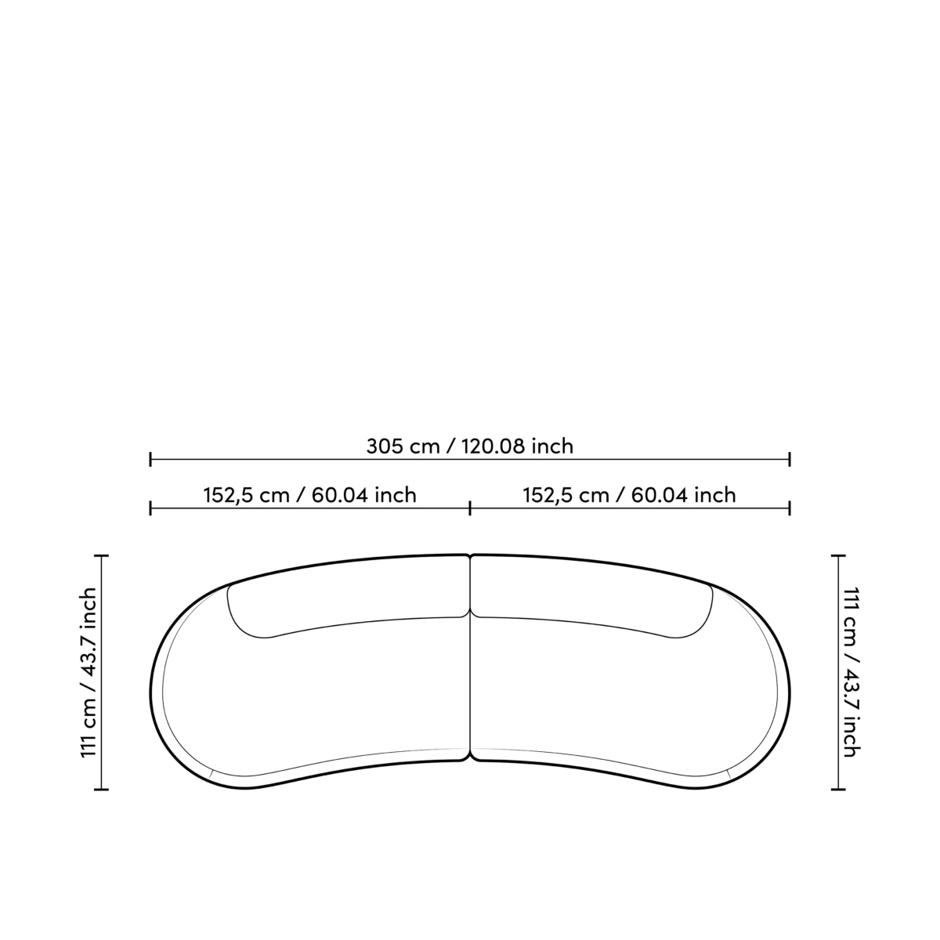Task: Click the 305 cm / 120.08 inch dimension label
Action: pos(470,446)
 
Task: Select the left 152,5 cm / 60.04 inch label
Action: pos(309,495)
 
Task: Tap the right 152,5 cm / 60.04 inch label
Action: pos(629,495)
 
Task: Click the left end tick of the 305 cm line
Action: pos(150,459)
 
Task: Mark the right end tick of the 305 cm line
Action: pos(790,459)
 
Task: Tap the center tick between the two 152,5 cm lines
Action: pos(470,508)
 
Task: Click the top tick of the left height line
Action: pos(102,555)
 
